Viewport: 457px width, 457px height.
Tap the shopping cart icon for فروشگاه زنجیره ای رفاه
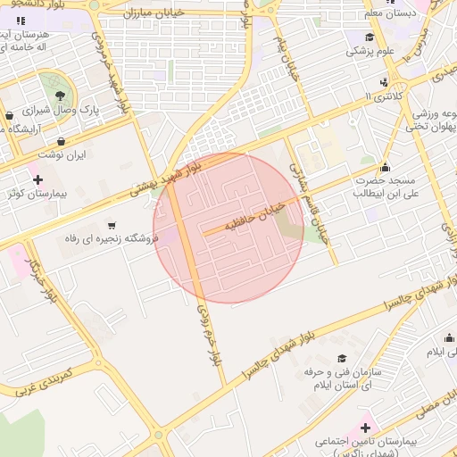(x=112, y=225)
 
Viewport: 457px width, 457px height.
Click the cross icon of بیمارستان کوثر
(x=37, y=180)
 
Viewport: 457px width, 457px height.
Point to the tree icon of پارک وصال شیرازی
(x=59, y=96)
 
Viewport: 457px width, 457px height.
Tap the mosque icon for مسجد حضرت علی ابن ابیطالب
(x=385, y=167)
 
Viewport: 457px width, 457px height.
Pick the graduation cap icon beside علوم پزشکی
(x=369, y=37)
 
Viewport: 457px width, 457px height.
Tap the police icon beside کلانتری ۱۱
(x=384, y=83)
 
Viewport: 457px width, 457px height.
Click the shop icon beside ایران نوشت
(x=61, y=141)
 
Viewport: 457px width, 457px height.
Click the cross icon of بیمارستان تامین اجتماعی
(x=365, y=428)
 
